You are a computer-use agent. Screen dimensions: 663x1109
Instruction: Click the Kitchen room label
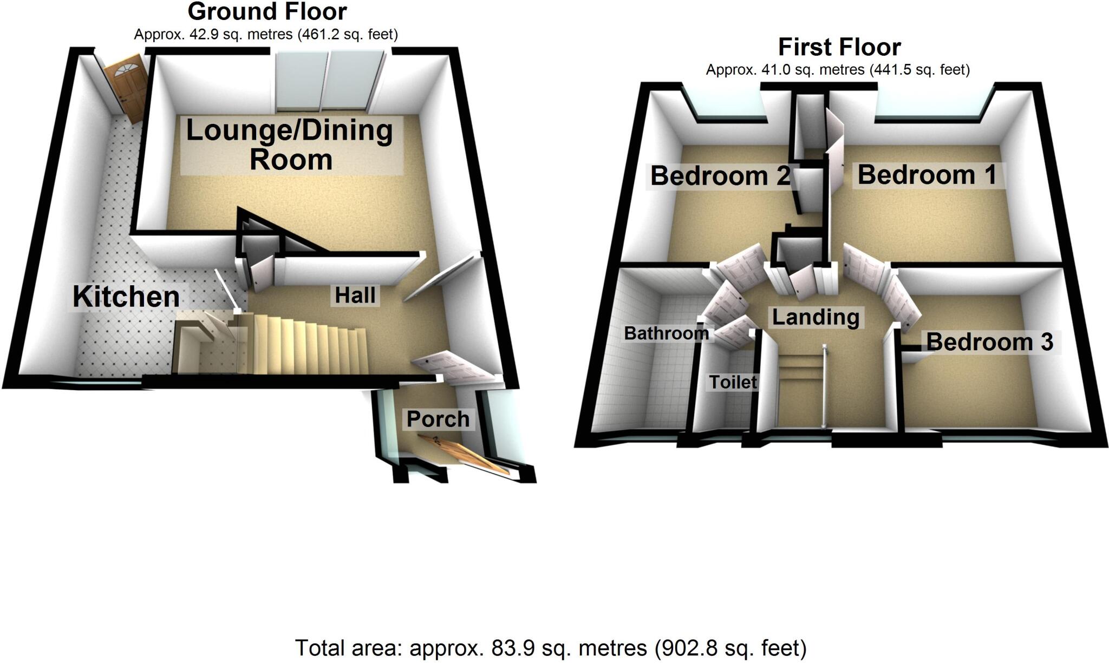point(126,297)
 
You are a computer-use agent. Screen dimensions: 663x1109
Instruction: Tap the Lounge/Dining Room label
point(290,145)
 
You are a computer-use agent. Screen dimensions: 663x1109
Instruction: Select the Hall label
point(355,296)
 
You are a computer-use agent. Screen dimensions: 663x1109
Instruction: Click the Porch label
point(438,419)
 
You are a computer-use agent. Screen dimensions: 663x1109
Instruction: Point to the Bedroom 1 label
point(927,175)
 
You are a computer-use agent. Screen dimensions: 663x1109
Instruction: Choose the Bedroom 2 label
point(720,176)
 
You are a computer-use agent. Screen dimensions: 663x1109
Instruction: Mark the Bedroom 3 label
point(989,342)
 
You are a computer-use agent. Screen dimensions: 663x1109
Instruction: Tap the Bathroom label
point(666,333)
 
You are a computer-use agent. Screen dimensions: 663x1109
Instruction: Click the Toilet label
point(733,382)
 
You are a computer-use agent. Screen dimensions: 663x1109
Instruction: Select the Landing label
point(815,317)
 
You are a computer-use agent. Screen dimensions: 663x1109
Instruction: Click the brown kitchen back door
point(127,89)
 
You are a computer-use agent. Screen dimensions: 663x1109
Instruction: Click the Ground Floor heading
point(267,11)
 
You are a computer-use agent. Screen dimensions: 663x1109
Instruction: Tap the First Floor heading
point(839,48)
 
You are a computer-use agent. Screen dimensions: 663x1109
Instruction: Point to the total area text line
point(550,648)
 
